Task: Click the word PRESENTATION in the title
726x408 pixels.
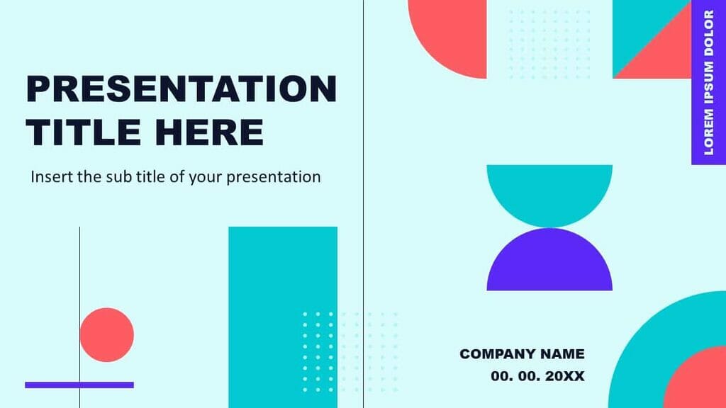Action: tap(181, 90)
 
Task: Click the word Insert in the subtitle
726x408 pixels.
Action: tap(51, 176)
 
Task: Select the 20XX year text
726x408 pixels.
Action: tap(565, 376)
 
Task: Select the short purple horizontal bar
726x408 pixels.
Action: tap(79, 385)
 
